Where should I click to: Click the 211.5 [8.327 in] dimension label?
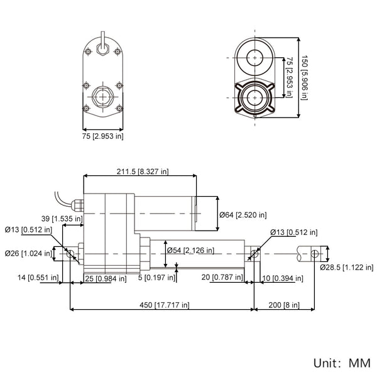[143, 172]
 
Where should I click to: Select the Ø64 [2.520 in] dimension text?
[243, 215]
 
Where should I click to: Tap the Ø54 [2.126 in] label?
[190, 251]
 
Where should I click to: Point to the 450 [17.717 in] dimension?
[165, 305]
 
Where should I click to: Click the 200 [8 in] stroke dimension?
[284, 305]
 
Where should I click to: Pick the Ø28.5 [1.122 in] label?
[346, 268]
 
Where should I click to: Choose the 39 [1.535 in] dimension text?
[62, 219]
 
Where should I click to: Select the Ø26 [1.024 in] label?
[28, 253]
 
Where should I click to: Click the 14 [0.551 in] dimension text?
[38, 278]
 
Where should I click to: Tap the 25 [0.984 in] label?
[106, 278]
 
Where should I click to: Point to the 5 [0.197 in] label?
[156, 278]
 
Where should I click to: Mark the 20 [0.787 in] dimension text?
[222, 277]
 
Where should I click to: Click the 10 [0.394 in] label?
[283, 278]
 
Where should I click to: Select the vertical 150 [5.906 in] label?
[304, 77]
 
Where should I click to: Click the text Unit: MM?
[342, 363]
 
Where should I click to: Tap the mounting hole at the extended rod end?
[315, 254]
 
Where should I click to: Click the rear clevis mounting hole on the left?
[70, 253]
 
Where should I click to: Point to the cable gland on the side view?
[77, 205]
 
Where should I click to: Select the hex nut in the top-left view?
[102, 97]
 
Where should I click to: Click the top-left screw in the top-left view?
[88, 52]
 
